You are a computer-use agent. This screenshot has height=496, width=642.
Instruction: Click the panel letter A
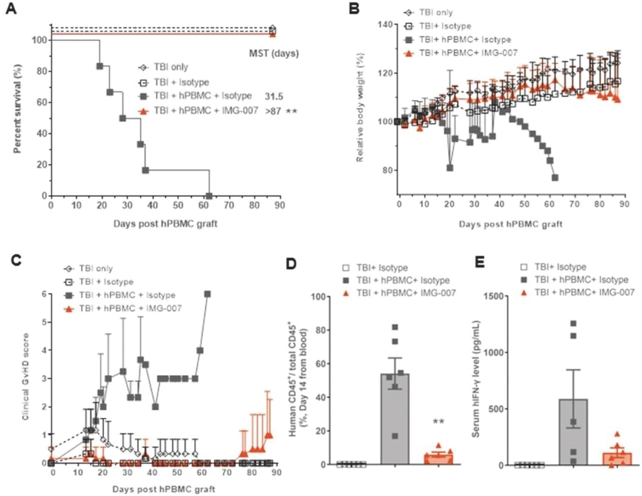(x=11, y=8)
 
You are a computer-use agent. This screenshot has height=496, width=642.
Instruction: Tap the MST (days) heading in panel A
(x=274, y=53)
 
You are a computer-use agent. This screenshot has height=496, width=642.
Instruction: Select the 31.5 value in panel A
(x=274, y=96)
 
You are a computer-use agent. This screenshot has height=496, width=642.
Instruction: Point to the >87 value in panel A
(x=273, y=111)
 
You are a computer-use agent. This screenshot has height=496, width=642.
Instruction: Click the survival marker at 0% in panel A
(x=209, y=196)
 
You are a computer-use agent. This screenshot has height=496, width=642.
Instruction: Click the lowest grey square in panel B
(x=555, y=178)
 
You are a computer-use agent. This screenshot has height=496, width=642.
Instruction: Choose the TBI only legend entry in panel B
(x=435, y=12)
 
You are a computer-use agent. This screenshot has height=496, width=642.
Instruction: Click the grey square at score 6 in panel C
(x=207, y=294)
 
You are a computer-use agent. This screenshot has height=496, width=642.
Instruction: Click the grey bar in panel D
(x=395, y=420)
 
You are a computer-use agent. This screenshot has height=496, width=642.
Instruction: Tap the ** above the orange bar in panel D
(x=438, y=422)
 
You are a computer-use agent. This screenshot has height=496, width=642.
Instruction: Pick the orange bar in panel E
(x=617, y=459)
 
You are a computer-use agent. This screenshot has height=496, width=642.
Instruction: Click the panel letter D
(x=291, y=264)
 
